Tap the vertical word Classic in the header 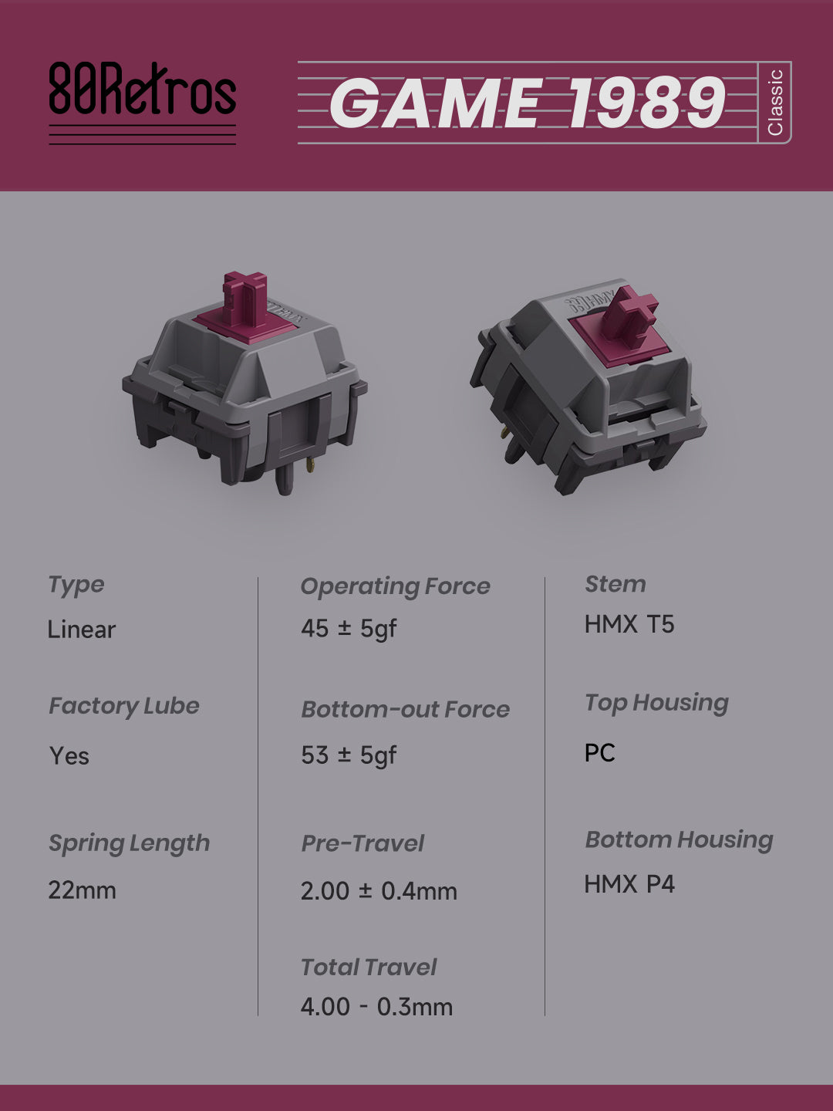(775, 103)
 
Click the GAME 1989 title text (528, 103)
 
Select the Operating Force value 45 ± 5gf (349, 629)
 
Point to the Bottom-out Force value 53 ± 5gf (349, 755)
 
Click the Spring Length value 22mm (82, 890)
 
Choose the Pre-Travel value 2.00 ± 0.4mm (379, 891)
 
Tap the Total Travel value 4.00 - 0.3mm (377, 1007)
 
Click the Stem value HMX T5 (629, 624)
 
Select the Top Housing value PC (600, 753)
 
